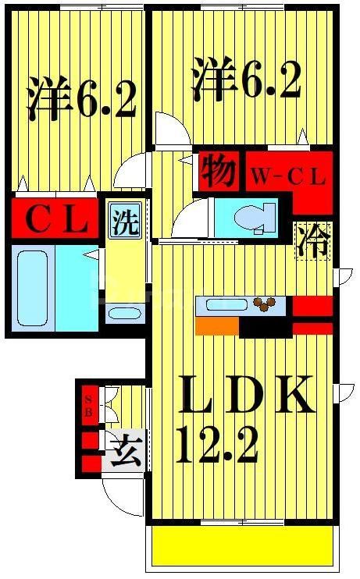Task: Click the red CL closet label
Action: pos(55,221)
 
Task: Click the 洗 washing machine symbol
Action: pos(124,221)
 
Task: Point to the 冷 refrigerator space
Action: pos(312,240)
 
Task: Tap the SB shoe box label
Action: pos(88,406)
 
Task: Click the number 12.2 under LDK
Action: pos(217,446)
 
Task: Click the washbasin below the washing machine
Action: pos(124,314)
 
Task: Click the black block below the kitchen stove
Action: pos(266,327)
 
